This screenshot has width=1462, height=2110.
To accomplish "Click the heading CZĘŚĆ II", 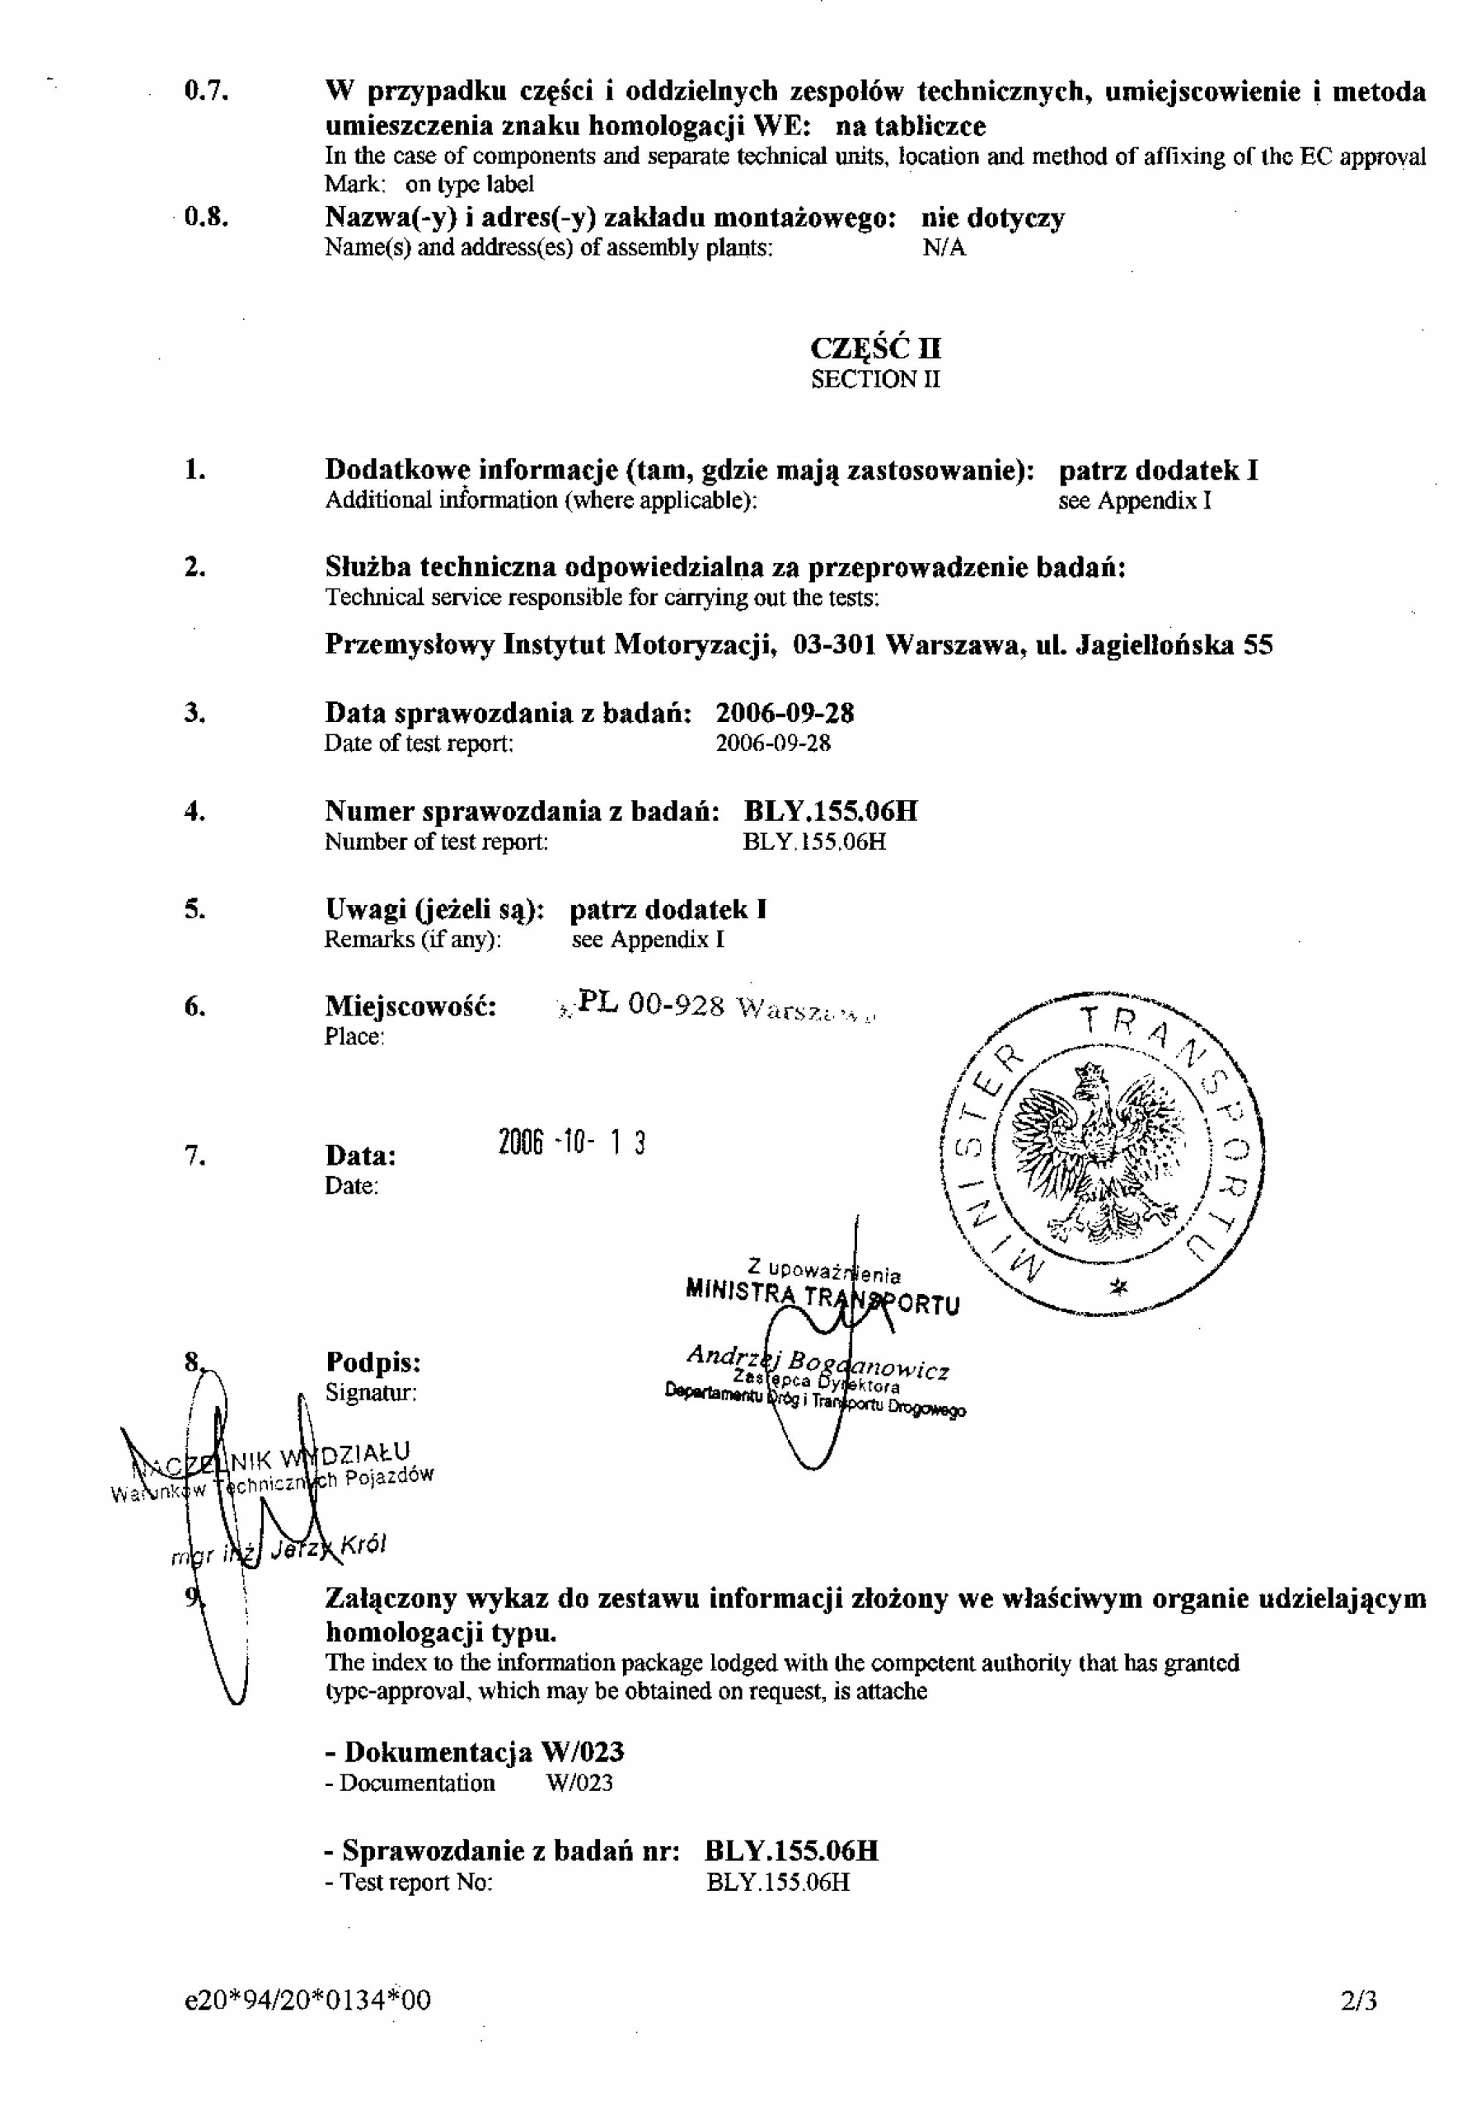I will pyautogui.click(x=876, y=348).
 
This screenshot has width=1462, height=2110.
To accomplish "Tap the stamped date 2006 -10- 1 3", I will pyautogui.click(x=573, y=1142).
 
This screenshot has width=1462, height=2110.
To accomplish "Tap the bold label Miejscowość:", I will pyautogui.click(x=411, y=1007).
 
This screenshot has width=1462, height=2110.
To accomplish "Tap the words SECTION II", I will pyautogui.click(x=876, y=379).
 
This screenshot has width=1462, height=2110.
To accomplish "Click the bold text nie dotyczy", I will pyautogui.click(x=993, y=218).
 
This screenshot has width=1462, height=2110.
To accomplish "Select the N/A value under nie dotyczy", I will pyautogui.click(x=944, y=247).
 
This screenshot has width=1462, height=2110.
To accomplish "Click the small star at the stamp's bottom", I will pyautogui.click(x=1118, y=1288).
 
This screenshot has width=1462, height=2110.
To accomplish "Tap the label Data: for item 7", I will pyautogui.click(x=361, y=1156).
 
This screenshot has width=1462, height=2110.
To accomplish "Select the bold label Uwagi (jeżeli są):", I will pyautogui.click(x=435, y=910).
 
